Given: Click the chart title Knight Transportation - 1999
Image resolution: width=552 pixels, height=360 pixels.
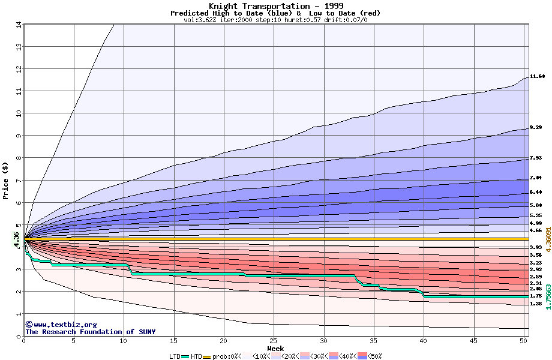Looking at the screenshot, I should [275, 6].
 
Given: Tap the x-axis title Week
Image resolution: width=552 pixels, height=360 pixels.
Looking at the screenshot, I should [275, 348].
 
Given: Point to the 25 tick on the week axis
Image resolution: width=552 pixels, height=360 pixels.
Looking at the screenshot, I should [274, 341].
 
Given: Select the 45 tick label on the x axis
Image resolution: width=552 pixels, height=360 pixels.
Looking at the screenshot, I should [473, 341].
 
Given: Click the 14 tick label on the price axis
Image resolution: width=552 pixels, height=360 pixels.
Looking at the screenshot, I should [18, 25].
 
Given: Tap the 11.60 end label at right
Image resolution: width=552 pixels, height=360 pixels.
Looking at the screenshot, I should [537, 76].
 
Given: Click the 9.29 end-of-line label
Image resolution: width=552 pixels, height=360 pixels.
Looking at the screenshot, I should [537, 128].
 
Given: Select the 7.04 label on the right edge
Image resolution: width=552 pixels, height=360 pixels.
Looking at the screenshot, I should [537, 178].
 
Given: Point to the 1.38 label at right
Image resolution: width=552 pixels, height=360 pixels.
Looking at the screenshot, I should [537, 304].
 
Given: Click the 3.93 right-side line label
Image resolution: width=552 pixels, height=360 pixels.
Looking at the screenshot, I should [537, 247].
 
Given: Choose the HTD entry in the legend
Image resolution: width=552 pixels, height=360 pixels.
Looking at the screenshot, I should [196, 356].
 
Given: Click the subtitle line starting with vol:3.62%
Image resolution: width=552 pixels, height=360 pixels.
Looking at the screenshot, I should [275, 20].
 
